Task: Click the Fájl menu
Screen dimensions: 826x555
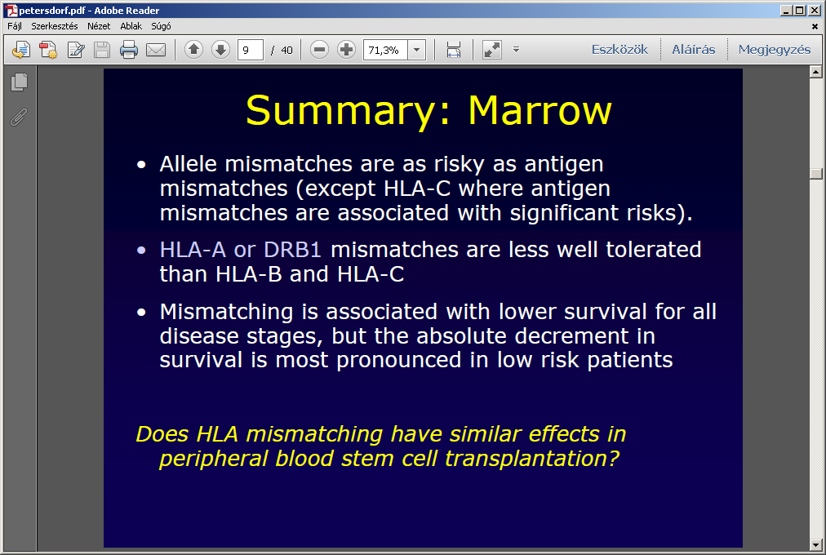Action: (14, 26)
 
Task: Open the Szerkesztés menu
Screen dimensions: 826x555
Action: (54, 26)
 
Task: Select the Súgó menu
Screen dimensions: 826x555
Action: (161, 26)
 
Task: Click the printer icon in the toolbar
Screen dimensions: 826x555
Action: (128, 50)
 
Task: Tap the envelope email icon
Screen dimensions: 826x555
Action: (156, 50)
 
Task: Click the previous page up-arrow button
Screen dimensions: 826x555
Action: (194, 50)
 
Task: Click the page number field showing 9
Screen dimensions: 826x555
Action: (251, 50)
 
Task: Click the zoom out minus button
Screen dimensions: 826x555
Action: (319, 50)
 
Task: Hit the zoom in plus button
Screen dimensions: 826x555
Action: (346, 50)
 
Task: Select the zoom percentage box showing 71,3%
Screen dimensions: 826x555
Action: (385, 50)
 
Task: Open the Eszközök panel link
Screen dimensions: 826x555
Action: (619, 50)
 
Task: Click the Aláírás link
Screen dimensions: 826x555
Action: (693, 50)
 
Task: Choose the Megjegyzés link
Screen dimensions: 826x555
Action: (775, 50)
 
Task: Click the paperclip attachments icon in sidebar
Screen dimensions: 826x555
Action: (19, 117)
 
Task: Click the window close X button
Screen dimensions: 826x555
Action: (815, 10)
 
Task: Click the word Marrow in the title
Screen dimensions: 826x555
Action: (540, 110)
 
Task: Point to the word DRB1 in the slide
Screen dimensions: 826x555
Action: (292, 250)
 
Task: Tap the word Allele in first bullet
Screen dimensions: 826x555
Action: (188, 164)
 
